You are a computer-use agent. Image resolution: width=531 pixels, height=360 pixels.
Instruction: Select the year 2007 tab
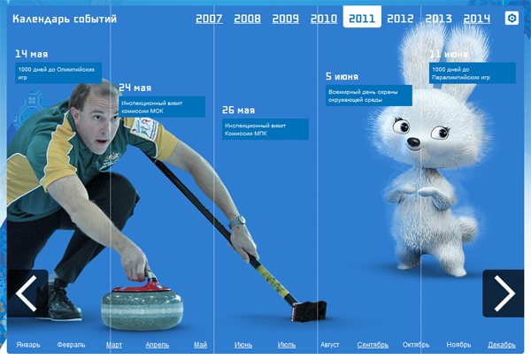(x=209, y=19)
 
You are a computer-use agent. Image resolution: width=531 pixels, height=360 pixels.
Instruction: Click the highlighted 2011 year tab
(x=362, y=17)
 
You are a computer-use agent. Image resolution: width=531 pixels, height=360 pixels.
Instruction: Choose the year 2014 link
(x=477, y=19)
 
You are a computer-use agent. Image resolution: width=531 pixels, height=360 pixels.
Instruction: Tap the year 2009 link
(x=286, y=19)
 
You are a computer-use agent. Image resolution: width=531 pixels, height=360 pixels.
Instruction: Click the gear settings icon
(x=512, y=18)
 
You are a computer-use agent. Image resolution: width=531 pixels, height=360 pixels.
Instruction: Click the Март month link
(x=114, y=345)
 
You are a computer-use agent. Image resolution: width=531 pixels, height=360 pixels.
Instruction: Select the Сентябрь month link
(x=373, y=345)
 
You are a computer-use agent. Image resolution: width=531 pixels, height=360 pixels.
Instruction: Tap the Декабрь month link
(x=502, y=345)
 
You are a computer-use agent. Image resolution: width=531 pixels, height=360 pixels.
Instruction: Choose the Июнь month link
(x=243, y=345)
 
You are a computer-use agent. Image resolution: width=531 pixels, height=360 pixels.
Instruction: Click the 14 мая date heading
(x=32, y=54)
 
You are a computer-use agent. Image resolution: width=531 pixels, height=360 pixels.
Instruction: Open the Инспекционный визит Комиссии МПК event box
(x=265, y=129)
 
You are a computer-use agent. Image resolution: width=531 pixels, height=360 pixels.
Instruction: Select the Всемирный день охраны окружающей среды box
(x=369, y=96)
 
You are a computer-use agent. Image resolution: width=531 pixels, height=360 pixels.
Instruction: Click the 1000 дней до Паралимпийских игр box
(x=473, y=73)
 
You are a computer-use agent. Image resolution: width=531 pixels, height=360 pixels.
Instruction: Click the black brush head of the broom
(x=309, y=311)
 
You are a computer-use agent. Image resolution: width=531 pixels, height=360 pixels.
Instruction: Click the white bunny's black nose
(x=413, y=142)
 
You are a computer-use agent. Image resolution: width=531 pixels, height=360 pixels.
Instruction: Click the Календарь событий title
(x=65, y=19)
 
